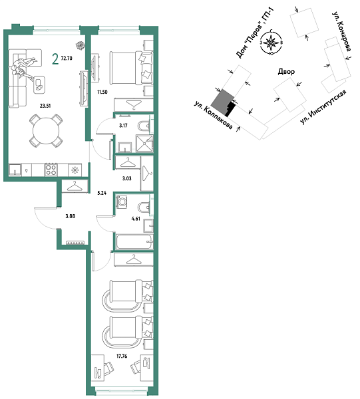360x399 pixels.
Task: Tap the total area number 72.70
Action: tap(67, 59)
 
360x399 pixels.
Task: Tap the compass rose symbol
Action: tap(271, 44)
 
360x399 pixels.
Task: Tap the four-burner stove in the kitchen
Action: tap(50, 169)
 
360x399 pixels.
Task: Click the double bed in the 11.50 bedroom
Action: tap(128, 66)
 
